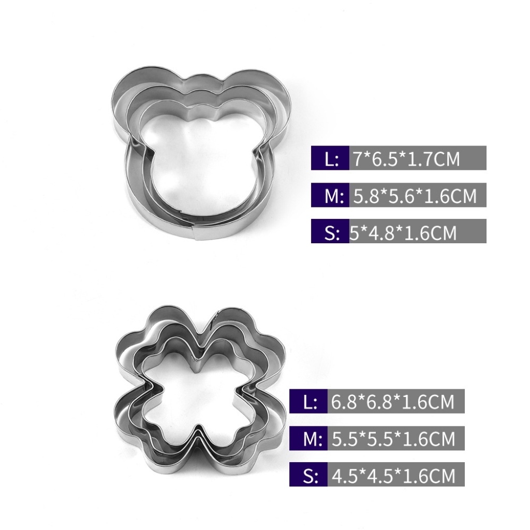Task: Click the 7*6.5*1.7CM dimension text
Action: coord(407,158)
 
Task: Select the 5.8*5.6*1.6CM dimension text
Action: coord(415,196)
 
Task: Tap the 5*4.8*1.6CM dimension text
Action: coord(403,232)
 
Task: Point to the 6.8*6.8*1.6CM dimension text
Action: coord(392,402)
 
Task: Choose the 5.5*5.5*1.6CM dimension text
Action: coord(393,439)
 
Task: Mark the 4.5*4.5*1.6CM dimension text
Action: coord(393,476)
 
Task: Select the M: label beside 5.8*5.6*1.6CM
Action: coord(334,196)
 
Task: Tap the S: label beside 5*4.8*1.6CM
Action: coord(332,233)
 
